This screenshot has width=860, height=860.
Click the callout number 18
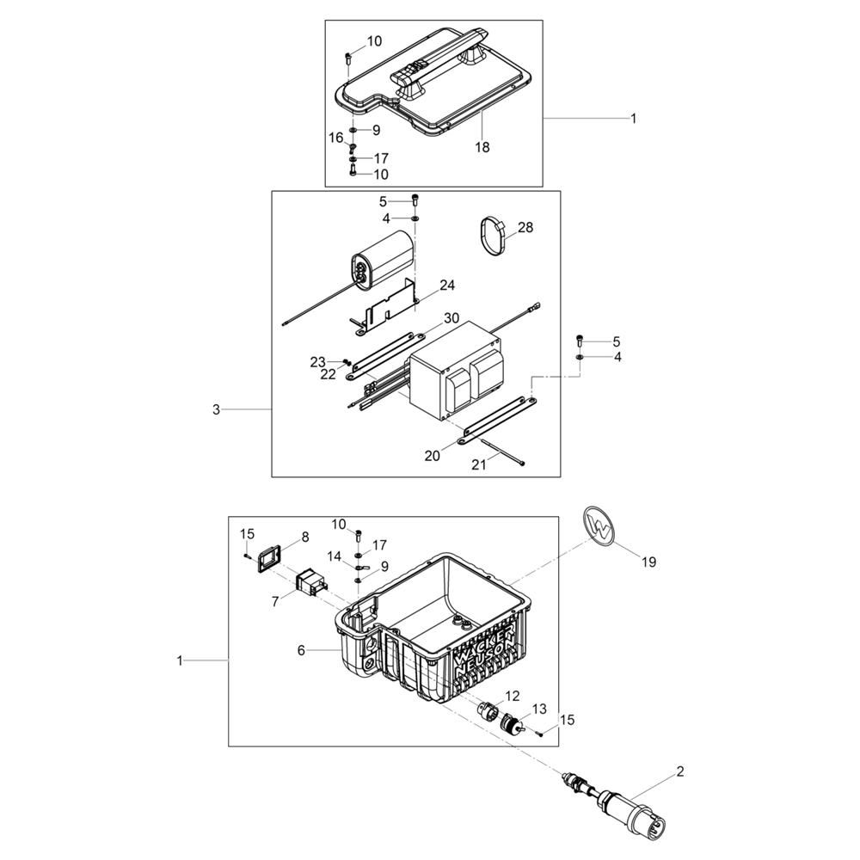[482, 147]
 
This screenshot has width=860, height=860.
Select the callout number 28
[525, 228]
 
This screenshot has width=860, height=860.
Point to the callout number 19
[648, 562]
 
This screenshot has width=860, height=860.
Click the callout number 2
[679, 771]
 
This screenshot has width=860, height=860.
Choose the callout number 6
[301, 651]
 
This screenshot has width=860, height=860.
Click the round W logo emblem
[600, 525]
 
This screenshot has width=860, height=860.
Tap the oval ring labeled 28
[493, 235]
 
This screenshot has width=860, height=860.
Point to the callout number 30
[451, 318]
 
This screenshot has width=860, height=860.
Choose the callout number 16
[335, 138]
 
